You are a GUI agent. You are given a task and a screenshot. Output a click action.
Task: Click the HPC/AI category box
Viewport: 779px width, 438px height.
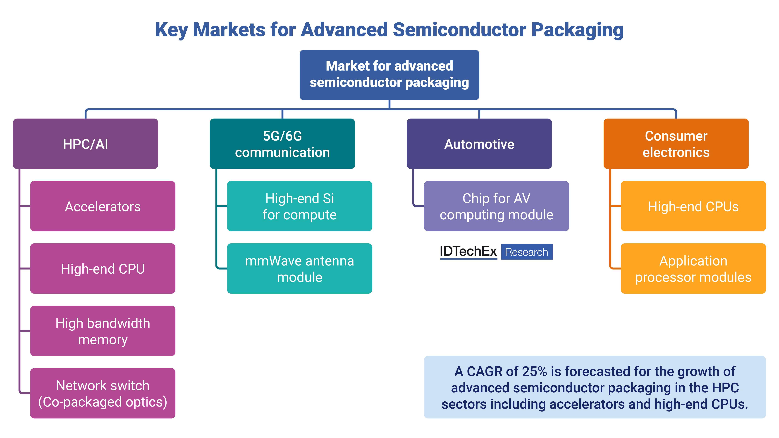click(x=86, y=144)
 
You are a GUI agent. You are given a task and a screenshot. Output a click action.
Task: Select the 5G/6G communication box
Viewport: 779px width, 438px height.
click(x=282, y=144)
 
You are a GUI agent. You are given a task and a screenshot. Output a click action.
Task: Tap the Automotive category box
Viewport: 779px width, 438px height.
click(x=479, y=144)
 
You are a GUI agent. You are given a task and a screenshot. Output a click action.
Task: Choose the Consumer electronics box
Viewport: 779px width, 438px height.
click(x=676, y=144)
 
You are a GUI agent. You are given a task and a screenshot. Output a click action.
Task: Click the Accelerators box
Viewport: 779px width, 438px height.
click(x=103, y=206)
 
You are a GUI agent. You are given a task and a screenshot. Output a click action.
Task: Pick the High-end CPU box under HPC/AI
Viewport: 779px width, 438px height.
click(x=103, y=269)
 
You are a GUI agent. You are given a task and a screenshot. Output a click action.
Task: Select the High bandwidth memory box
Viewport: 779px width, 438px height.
click(x=103, y=331)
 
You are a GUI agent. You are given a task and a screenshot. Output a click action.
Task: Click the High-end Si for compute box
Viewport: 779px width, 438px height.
click(x=299, y=206)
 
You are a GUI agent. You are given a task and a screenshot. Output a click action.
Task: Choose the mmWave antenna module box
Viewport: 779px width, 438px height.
click(x=299, y=269)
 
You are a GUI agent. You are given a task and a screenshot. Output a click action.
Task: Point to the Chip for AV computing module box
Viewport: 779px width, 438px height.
click(x=496, y=206)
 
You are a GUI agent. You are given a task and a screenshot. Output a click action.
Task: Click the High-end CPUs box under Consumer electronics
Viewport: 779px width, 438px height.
click(x=693, y=206)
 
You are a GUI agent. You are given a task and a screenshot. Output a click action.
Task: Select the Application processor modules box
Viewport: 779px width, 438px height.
click(x=693, y=269)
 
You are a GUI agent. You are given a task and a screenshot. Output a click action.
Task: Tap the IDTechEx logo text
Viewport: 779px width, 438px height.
click(x=468, y=251)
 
